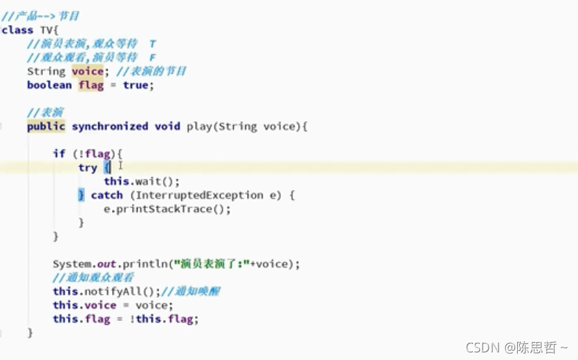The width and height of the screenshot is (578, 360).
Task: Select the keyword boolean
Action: [49, 85]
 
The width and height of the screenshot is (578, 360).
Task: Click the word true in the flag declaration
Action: [135, 85]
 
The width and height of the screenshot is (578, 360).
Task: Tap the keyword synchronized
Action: [110, 126]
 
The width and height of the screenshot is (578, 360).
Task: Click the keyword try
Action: [88, 168]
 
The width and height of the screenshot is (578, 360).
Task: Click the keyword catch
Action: [106, 196]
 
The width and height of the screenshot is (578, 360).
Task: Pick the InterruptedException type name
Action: [189, 196]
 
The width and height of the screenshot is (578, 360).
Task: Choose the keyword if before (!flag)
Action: [59, 153]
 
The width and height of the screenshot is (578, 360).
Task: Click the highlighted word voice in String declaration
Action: [87, 71]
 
